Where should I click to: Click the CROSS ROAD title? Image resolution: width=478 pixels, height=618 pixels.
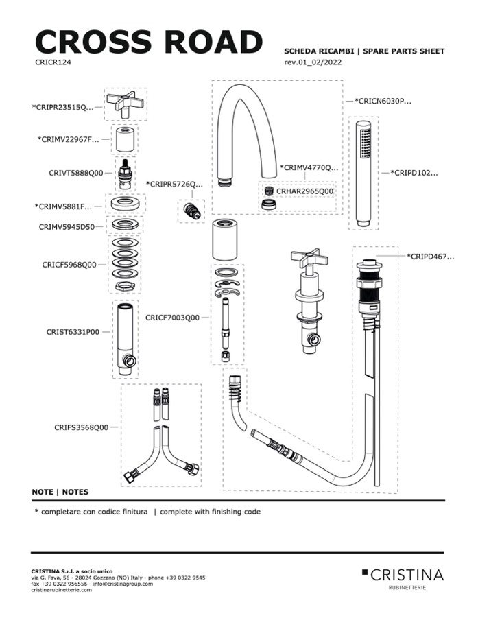click(x=149, y=41)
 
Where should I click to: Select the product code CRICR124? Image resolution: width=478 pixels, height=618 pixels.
click(x=53, y=62)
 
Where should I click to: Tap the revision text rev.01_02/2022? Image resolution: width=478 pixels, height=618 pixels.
click(x=313, y=62)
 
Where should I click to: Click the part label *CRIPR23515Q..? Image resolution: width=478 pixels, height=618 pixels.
click(x=62, y=107)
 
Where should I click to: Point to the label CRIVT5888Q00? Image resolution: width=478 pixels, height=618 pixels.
click(x=75, y=173)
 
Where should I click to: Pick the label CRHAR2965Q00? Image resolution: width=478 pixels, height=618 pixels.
click(x=304, y=191)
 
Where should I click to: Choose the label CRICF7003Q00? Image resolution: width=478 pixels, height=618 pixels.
click(x=172, y=318)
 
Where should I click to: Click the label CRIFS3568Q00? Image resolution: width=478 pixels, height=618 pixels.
click(x=81, y=427)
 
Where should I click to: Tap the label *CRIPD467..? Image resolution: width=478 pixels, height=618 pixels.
click(x=430, y=257)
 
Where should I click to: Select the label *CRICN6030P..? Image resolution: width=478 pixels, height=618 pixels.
click(x=383, y=102)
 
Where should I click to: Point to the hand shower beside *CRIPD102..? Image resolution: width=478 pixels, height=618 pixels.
click(x=363, y=174)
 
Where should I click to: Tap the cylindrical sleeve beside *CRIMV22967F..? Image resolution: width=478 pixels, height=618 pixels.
click(x=126, y=139)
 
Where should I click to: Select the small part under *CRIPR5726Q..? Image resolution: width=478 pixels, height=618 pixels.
click(x=191, y=211)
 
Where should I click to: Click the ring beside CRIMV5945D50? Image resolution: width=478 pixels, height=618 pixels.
click(x=125, y=225)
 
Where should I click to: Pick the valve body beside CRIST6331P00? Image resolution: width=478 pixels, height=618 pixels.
click(x=126, y=340)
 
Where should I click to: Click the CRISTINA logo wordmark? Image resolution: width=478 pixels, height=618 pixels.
click(x=407, y=575)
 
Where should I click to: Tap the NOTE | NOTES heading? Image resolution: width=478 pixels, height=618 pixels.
click(x=60, y=492)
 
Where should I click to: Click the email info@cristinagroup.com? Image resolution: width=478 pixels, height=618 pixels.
click(x=123, y=584)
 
